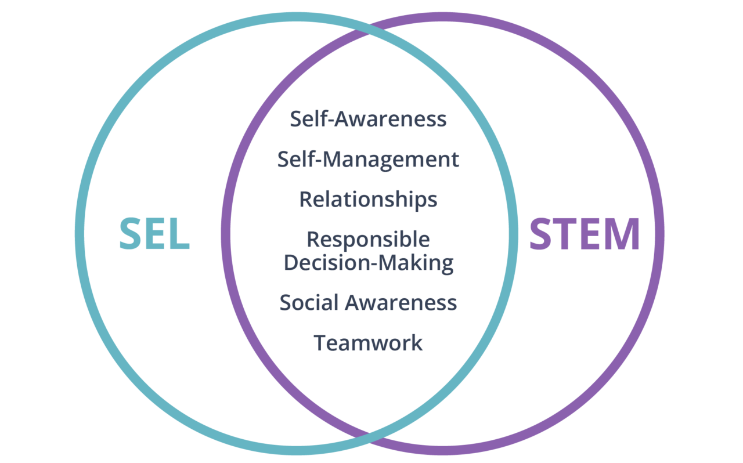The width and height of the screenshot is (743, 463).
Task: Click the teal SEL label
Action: (155, 234)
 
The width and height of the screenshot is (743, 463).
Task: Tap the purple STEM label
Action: (585, 234)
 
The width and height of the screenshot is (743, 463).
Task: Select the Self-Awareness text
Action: (369, 119)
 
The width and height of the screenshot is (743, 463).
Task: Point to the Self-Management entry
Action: (369, 159)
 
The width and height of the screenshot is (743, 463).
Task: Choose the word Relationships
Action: (369, 199)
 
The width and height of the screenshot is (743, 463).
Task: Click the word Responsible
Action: (369, 239)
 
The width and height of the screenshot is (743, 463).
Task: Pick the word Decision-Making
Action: (369, 262)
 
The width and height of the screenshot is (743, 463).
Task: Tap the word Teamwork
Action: (369, 342)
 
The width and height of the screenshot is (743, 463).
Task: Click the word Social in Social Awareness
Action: (309, 302)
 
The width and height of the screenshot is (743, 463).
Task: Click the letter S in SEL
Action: (132, 234)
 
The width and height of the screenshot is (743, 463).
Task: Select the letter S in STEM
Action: (542, 234)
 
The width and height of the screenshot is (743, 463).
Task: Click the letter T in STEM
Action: (566, 234)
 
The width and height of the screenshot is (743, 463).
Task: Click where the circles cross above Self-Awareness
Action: (369, 29)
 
